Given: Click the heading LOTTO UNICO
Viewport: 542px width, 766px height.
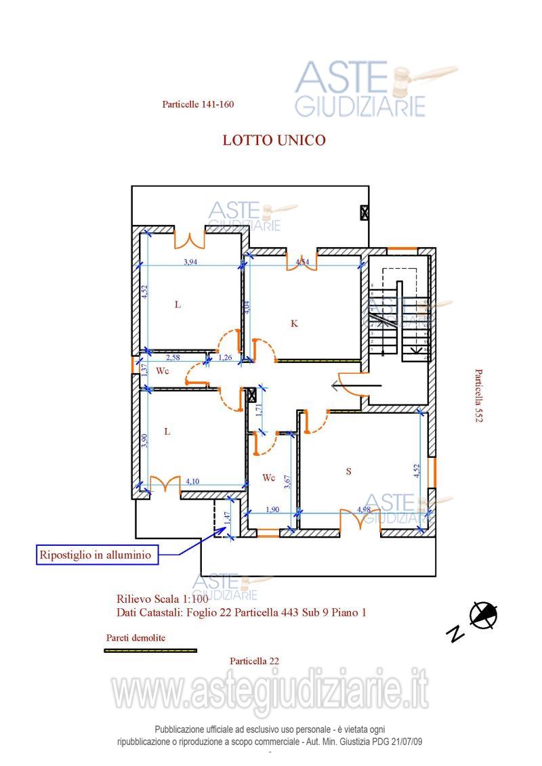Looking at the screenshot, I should pyautogui.click(x=274, y=140).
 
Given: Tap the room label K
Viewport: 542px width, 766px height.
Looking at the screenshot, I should pyautogui.click(x=294, y=324).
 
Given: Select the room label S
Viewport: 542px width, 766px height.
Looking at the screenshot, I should pyautogui.click(x=349, y=471).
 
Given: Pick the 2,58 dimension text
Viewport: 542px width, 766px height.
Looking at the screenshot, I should pyautogui.click(x=173, y=358).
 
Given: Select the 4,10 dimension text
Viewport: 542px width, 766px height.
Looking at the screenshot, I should pyautogui.click(x=192, y=482).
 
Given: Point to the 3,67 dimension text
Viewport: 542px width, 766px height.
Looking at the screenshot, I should pyautogui.click(x=288, y=481).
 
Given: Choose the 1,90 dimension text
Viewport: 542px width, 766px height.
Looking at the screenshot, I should pyautogui.click(x=272, y=509).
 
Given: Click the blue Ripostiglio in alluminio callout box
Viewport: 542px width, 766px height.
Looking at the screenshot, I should pyautogui.click(x=98, y=555).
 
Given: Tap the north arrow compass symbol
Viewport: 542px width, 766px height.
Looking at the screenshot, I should pyautogui.click(x=484, y=615).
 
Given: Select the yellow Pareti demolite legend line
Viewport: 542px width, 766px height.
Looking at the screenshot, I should pyautogui.click(x=150, y=650).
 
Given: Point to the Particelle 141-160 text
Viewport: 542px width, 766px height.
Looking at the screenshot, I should pyautogui.click(x=198, y=104).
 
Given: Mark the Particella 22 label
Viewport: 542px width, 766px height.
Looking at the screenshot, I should pyautogui.click(x=254, y=660).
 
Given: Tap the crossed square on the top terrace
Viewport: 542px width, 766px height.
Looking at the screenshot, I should pyautogui.click(x=365, y=212).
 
